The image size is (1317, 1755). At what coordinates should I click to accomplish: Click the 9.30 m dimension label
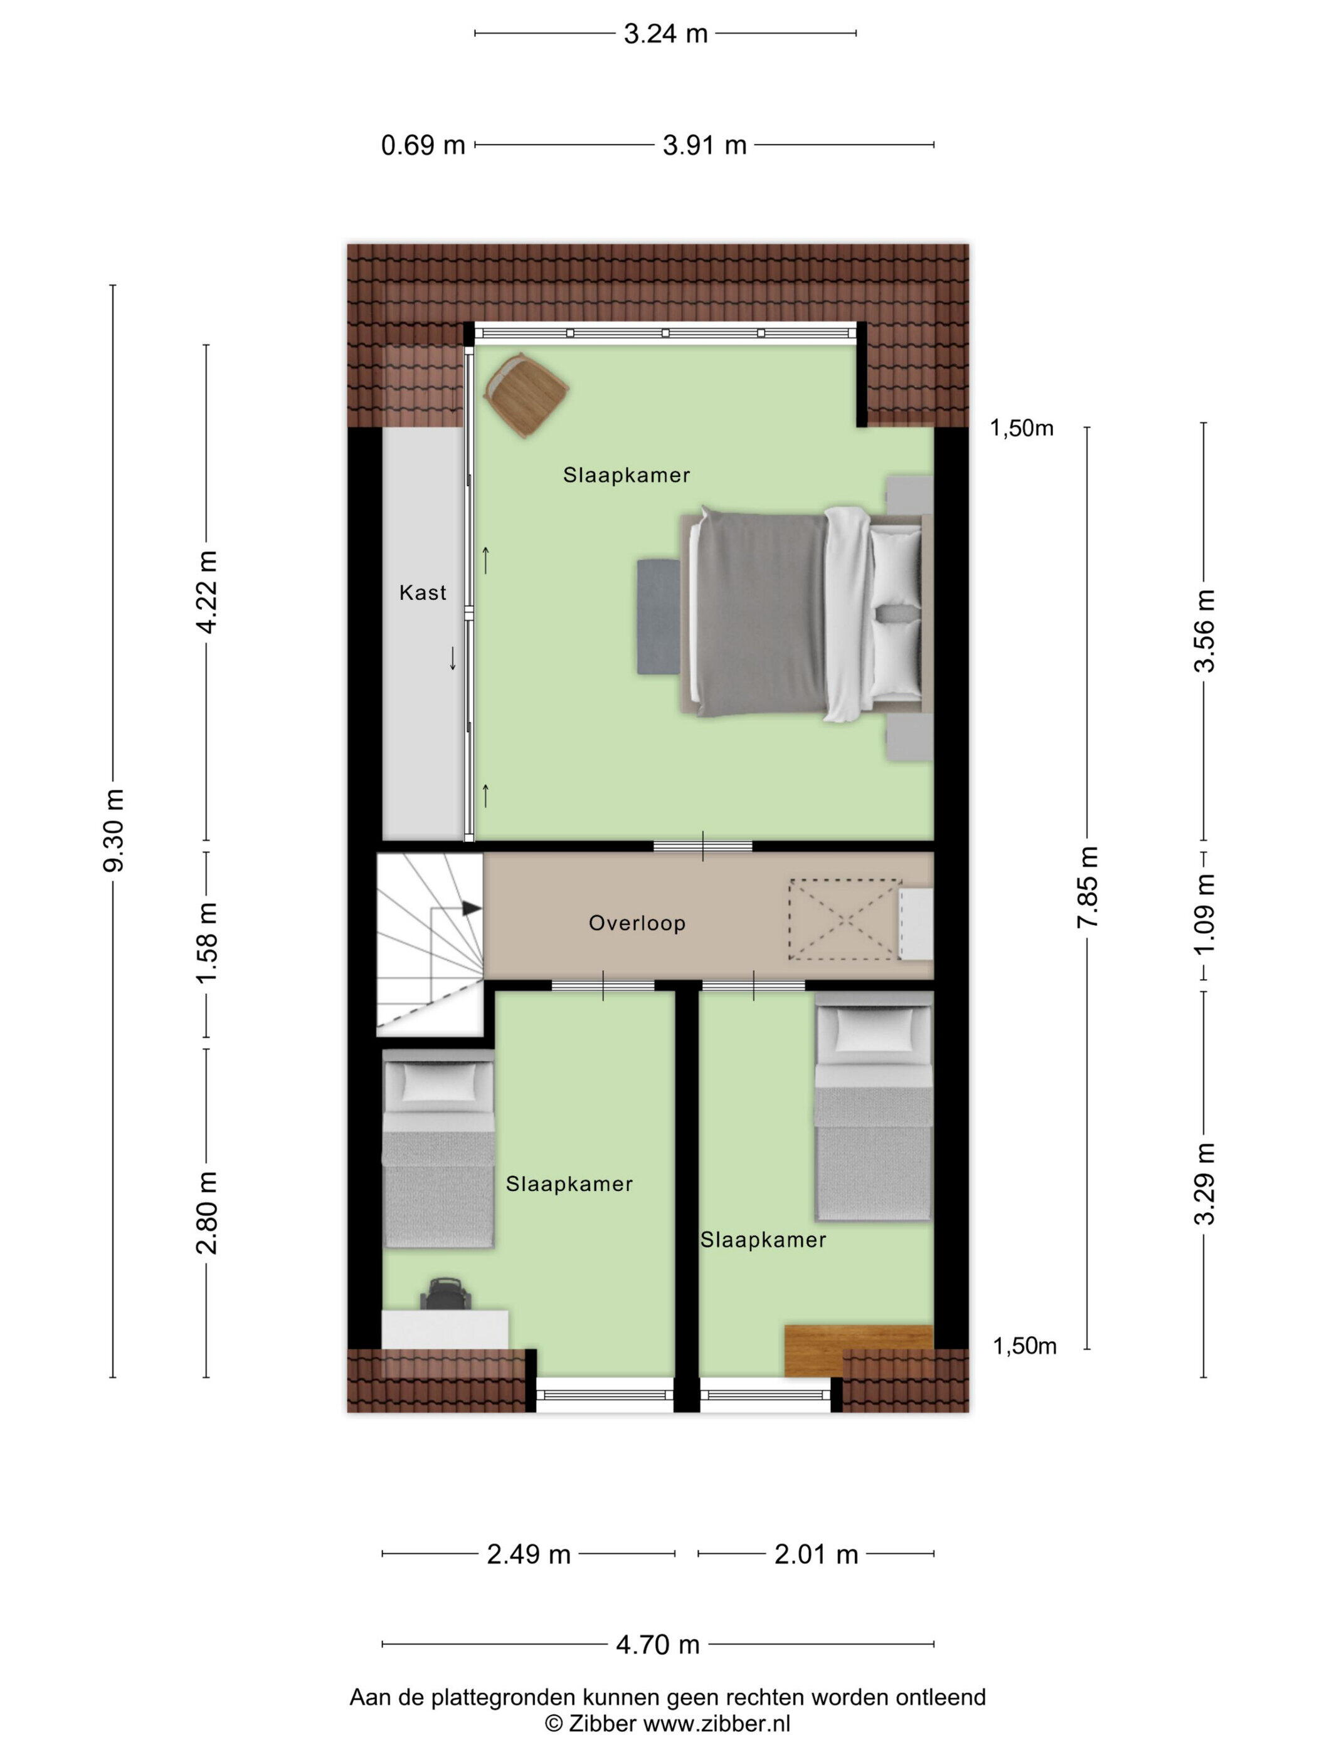114,830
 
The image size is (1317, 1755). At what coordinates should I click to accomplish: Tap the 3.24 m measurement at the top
665,34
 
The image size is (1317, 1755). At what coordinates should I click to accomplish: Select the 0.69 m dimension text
423,145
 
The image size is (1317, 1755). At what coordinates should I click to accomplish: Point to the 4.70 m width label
657,1645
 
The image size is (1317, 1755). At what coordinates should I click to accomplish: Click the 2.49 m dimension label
529,1554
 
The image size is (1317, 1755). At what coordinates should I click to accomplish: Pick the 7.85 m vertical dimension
1087,886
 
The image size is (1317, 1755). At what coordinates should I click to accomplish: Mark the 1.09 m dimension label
1204,914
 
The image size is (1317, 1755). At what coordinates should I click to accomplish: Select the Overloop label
637,923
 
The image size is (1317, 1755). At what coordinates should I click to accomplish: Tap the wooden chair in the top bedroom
526,394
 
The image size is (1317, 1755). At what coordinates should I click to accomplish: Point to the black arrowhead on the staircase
472,908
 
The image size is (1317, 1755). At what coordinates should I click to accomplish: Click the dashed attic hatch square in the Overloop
845,919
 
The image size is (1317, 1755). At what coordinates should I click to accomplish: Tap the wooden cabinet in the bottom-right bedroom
857,1349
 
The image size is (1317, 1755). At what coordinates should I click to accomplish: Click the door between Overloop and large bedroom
702,846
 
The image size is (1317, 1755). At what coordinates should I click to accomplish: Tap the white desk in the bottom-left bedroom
445,1329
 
